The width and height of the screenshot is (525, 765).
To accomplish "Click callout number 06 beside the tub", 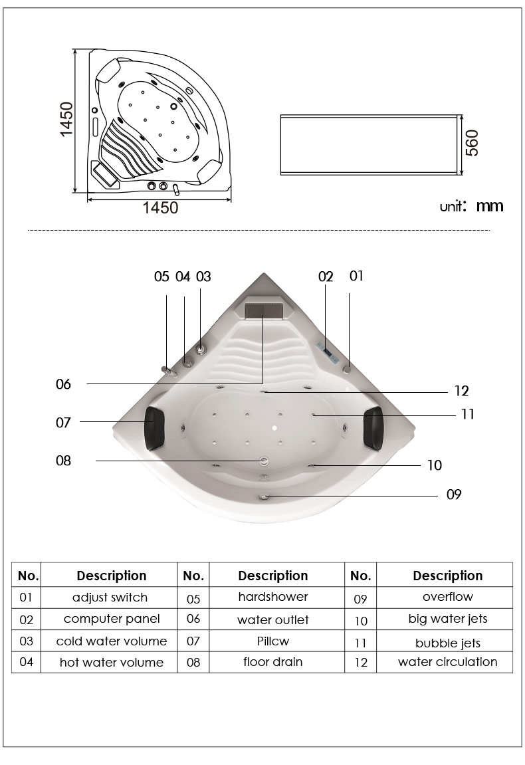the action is pyautogui.click(x=63, y=384).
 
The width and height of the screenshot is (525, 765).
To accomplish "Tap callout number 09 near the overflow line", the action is pyautogui.click(x=454, y=494).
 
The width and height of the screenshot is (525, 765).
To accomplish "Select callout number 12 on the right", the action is pyautogui.click(x=461, y=391).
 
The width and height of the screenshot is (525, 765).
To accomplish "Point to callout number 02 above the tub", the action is pyautogui.click(x=326, y=276).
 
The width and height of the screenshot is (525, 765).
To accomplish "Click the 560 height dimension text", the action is pyautogui.click(x=472, y=143).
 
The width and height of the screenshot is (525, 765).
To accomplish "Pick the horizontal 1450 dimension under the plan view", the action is pyautogui.click(x=160, y=208).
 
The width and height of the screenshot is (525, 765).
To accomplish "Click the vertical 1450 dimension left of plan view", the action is pyautogui.click(x=66, y=120).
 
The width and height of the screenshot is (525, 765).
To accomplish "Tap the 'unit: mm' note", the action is pyautogui.click(x=471, y=206).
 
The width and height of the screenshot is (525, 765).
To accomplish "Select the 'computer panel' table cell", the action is pyautogui.click(x=112, y=619).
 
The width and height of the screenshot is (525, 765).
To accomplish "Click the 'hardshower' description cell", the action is pyautogui.click(x=273, y=597).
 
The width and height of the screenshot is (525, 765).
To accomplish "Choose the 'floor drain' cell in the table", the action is pyautogui.click(x=273, y=662).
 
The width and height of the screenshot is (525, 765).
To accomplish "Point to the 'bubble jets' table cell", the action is pyautogui.click(x=448, y=643).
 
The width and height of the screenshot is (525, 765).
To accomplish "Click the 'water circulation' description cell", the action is pyautogui.click(x=448, y=662).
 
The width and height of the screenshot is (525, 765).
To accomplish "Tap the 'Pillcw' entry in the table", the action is pyautogui.click(x=273, y=641).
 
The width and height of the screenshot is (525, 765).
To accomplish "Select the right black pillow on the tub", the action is pyautogui.click(x=374, y=426).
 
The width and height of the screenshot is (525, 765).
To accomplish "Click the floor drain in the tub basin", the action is pyautogui.click(x=264, y=461).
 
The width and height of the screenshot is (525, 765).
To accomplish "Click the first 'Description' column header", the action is pyautogui.click(x=112, y=576).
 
